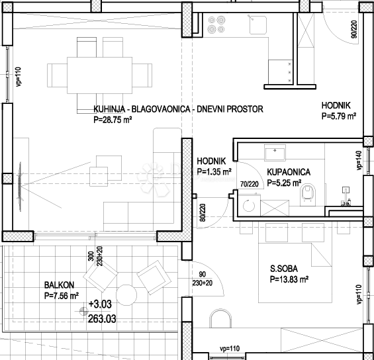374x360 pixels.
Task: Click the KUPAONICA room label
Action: (289, 172)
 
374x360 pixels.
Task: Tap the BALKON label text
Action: (59, 285)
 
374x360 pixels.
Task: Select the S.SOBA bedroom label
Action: (284, 269)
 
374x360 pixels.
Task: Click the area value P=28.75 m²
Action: (113, 120)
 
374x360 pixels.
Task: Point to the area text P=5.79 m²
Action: (339, 116)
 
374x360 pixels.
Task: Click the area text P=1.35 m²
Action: (214, 171)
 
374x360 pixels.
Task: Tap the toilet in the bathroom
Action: (308, 195)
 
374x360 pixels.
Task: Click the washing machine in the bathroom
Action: (249, 205)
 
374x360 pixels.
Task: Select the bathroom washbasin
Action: (275, 153)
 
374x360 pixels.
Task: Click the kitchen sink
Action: (257, 24)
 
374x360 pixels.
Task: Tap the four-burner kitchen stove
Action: (216, 24)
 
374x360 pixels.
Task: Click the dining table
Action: (99, 75)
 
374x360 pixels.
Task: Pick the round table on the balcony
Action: (126, 295)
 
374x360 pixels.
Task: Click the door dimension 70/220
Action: (250, 184)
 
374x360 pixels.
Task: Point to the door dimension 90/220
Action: (354, 29)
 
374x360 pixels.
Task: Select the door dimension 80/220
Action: (203, 212)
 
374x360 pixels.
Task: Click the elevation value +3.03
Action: (100, 304)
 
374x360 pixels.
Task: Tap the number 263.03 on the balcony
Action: (102, 318)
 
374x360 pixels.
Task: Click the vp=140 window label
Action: (359, 160)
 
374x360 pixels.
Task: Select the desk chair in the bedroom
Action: (220, 318)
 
